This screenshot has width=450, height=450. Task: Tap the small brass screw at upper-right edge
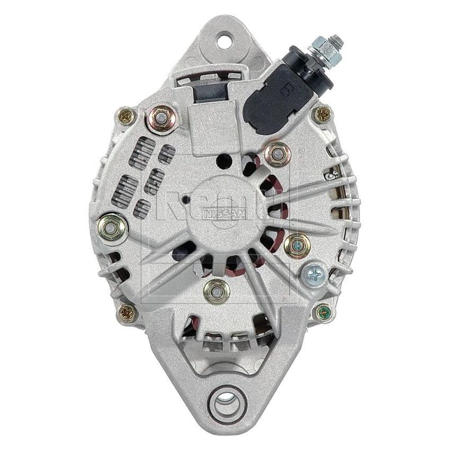coord(322,112)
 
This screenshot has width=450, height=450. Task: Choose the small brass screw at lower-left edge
coord(127,312)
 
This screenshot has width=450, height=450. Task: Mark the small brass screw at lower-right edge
coord(323,312)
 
